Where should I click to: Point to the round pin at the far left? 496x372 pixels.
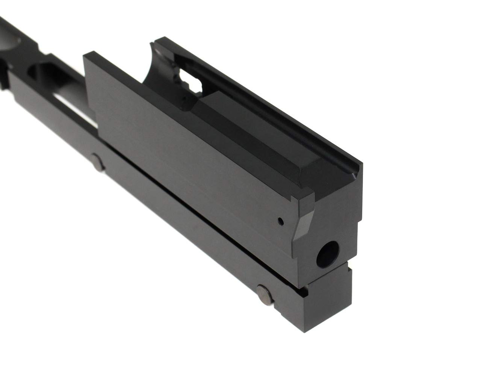click(x=97, y=164)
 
